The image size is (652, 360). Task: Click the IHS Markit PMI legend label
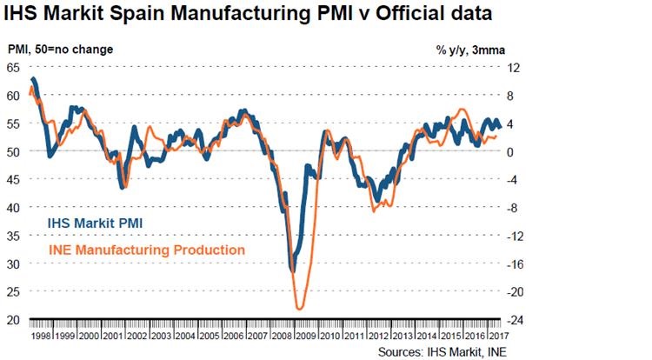(95, 223)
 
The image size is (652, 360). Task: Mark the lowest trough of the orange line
(300, 309)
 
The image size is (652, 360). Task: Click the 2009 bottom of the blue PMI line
(293, 270)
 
